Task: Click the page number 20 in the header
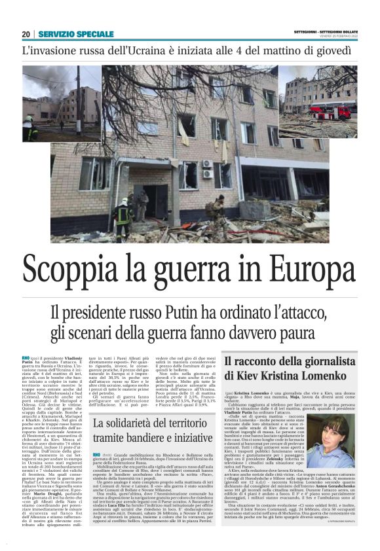pos(26,34)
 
